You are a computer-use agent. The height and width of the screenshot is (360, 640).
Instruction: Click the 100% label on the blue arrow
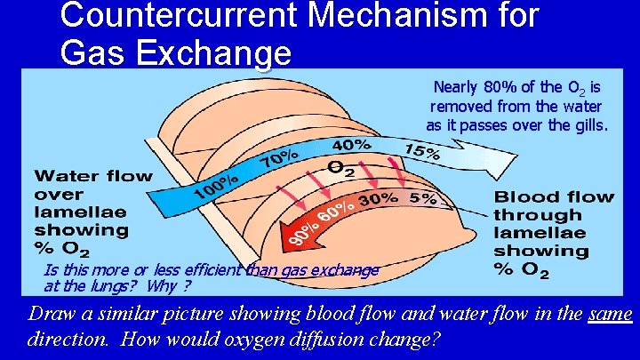click(x=216, y=184)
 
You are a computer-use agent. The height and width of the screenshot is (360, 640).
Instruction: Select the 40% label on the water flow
click(x=353, y=144)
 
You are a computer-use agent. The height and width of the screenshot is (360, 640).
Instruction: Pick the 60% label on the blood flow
click(x=333, y=212)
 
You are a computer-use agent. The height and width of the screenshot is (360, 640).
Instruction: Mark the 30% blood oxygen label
click(x=377, y=199)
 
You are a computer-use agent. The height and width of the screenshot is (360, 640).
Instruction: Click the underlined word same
click(x=609, y=314)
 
